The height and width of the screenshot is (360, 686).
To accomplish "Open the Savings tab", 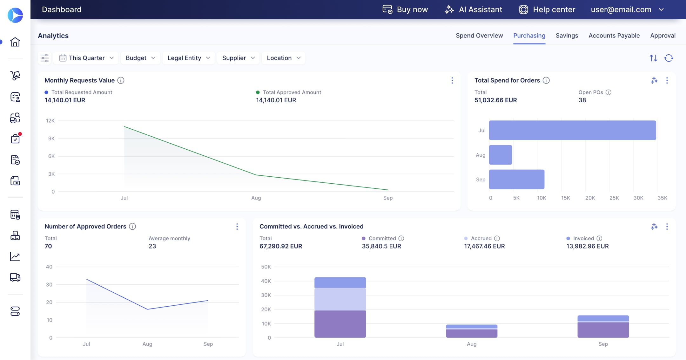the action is (567, 36).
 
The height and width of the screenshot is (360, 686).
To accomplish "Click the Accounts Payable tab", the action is (614, 36).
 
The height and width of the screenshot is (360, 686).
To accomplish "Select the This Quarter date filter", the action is (86, 58).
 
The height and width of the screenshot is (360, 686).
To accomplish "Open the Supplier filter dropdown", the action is (238, 58).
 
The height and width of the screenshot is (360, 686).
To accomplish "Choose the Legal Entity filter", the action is (189, 58).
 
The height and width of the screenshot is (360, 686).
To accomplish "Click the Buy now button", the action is (405, 10).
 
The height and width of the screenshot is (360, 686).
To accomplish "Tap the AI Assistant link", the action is (473, 10).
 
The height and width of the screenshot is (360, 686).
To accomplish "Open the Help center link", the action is (547, 10).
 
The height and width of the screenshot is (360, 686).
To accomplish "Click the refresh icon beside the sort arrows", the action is (669, 58).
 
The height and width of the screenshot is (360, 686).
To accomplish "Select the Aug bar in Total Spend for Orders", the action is (500, 155).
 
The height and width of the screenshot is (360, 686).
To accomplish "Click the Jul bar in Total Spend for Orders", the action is (572, 130).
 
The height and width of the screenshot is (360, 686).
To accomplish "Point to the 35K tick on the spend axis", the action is (662, 198).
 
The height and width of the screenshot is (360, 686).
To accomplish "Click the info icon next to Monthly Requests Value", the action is (121, 80).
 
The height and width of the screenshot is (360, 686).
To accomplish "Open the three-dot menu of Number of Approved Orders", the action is (237, 227).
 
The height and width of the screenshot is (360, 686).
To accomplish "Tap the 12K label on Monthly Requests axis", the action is (50, 121).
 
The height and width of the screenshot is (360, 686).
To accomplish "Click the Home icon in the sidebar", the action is (15, 42).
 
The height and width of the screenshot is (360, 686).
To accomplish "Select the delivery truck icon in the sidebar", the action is (15, 277).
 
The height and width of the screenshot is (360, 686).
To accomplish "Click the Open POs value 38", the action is (582, 100).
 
